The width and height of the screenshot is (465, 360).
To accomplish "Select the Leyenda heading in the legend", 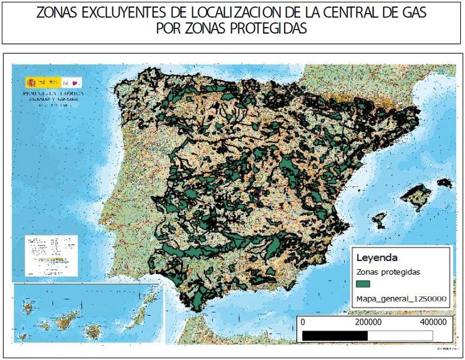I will [377, 258].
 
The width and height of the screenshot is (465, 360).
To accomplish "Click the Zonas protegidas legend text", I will [388, 272].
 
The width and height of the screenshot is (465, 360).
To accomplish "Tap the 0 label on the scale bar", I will [302, 322].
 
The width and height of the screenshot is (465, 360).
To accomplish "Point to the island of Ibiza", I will [379, 219].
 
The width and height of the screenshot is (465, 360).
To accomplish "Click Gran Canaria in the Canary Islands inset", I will [94, 331].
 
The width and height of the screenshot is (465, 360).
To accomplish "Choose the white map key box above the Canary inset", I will [50, 255].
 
